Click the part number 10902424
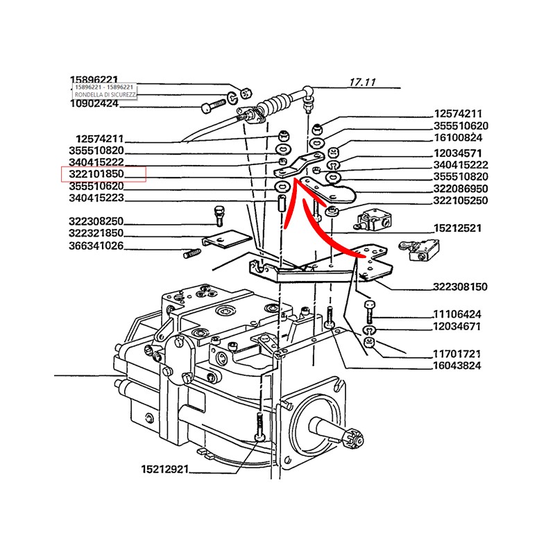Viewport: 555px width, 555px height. (94, 104)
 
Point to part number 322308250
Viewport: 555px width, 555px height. (96, 221)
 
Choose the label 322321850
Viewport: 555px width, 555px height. (96, 233)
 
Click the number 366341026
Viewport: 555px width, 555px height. (96, 246)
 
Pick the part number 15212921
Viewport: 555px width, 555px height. (165, 470)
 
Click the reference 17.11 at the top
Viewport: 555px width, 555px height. (362, 83)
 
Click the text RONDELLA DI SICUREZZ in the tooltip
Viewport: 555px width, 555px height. (106, 94)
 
